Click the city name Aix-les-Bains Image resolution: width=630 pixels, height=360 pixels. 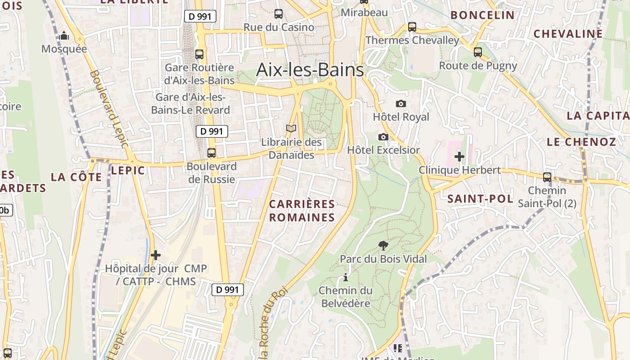310,70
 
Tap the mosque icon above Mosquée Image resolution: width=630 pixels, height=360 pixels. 64,36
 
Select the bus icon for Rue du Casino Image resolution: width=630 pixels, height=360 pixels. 279,14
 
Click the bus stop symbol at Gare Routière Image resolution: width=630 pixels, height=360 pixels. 199,54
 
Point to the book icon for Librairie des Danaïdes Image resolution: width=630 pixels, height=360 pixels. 291,129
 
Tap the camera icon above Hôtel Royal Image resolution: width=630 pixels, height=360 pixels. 400,103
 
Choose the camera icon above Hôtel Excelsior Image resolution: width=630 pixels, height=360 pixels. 383,137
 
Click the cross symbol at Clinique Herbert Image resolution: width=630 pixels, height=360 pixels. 459,157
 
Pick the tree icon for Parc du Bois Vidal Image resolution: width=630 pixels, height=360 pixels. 383,246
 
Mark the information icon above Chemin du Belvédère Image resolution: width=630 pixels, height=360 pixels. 346,277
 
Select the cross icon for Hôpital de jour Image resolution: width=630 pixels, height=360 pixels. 156,255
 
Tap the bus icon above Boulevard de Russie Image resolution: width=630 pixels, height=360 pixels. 211,153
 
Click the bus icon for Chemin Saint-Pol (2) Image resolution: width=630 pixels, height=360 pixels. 547,177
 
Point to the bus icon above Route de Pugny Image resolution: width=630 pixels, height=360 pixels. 478,52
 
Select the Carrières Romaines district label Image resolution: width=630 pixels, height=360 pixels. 302,211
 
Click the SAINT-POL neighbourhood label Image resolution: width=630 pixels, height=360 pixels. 480,199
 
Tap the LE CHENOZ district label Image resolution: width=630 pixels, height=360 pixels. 581,142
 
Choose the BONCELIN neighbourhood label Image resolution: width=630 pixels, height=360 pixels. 482,15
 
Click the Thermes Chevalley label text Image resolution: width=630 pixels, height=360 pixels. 412,40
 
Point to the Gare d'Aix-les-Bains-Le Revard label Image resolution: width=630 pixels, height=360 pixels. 190,103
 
